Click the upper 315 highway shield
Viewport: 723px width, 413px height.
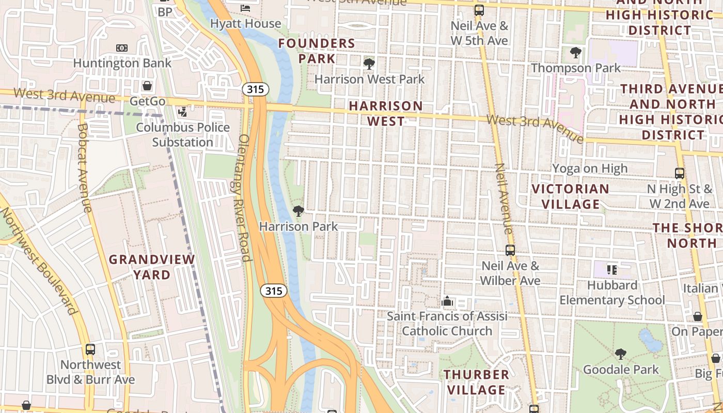point(255,89)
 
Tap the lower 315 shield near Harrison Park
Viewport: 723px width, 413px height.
point(273,291)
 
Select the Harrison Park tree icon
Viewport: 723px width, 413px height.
point(298,211)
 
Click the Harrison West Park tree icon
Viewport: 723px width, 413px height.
point(369,64)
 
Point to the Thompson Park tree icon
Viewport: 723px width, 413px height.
point(575,52)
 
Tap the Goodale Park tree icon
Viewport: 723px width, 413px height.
point(621,354)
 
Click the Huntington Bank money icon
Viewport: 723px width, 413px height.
point(122,48)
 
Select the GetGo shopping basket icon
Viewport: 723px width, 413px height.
point(147,86)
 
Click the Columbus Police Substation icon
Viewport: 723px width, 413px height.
point(182,112)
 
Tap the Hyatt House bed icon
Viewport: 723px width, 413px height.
point(246,8)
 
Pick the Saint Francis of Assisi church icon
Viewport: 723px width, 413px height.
point(447,300)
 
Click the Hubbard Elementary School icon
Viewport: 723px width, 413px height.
point(612,269)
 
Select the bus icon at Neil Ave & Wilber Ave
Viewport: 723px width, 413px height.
point(510,250)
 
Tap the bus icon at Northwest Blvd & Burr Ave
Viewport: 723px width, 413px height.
point(90,350)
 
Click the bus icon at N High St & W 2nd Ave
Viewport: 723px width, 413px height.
point(680,173)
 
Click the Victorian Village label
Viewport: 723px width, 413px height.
point(570,196)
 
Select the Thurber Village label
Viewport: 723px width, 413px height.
point(477,382)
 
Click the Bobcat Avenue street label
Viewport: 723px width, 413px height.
point(85,168)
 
